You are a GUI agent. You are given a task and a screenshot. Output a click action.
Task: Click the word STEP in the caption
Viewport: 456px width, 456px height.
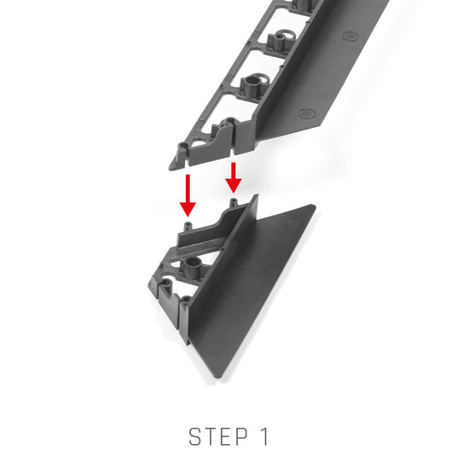[x=218, y=436]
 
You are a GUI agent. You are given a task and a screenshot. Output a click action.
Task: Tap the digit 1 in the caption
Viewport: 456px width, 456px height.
[x=264, y=436]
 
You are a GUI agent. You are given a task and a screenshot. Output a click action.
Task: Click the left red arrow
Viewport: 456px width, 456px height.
[x=188, y=195]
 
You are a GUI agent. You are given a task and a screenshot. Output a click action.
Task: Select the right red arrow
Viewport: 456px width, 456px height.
[x=234, y=177]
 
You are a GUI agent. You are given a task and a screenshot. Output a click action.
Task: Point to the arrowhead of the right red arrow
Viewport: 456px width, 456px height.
[x=234, y=186]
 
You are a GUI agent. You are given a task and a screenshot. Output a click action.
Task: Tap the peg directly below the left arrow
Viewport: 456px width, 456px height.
[x=188, y=226]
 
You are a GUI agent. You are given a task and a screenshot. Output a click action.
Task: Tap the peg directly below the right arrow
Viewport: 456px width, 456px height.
[x=234, y=202]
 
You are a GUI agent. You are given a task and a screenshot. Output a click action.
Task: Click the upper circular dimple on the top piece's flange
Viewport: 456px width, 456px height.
[x=350, y=36]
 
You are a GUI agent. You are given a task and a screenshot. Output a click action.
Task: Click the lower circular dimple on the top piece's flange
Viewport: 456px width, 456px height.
[x=307, y=113]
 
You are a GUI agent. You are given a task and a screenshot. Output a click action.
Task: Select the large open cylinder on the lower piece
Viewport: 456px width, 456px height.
[x=193, y=265]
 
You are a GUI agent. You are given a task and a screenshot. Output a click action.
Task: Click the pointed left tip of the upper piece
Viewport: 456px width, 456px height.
[x=170, y=168]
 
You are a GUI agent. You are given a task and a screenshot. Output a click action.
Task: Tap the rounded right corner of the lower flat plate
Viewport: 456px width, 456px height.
[x=314, y=206]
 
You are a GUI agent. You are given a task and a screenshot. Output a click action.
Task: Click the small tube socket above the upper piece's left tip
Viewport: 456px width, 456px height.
[x=183, y=146]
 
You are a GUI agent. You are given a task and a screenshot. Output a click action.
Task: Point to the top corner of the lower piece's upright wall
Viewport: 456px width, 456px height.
[x=257, y=195]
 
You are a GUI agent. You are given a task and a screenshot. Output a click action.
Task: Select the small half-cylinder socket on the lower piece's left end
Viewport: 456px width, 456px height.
[x=167, y=283]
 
